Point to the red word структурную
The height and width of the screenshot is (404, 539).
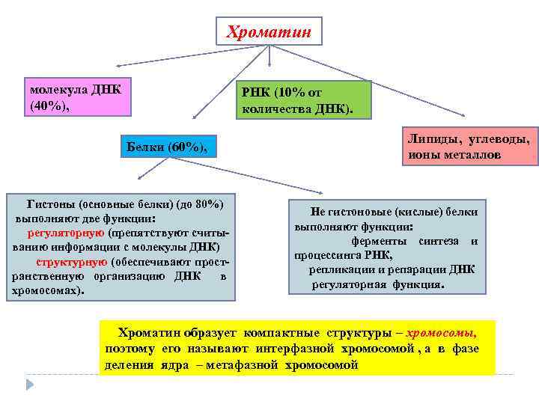point(72,263)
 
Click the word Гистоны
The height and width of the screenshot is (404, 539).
point(50,204)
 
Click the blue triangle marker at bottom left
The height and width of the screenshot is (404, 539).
point(31,384)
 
